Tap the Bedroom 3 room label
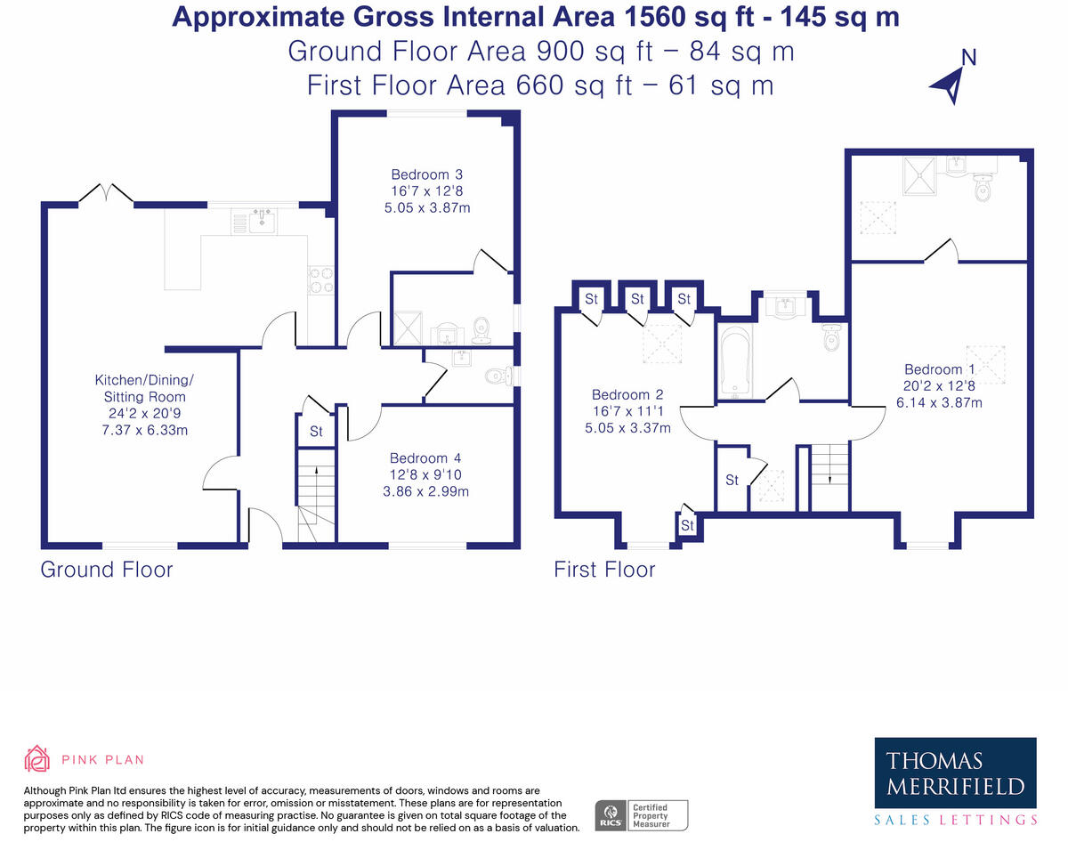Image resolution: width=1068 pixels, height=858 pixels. tap(426, 175)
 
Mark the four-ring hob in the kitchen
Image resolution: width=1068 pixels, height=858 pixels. tap(320, 280)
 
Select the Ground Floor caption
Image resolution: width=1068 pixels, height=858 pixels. tap(107, 570)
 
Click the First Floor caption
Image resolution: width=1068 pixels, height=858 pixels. tap(604, 570)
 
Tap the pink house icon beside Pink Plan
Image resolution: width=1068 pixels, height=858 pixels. tap(36, 759)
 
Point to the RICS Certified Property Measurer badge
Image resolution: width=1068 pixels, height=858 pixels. tap(641, 814)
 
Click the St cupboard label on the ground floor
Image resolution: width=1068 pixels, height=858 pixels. tap(316, 433)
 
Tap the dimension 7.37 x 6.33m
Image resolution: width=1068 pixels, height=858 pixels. tap(142, 430)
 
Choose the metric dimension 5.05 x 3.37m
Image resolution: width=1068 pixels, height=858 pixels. tap(627, 427)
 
